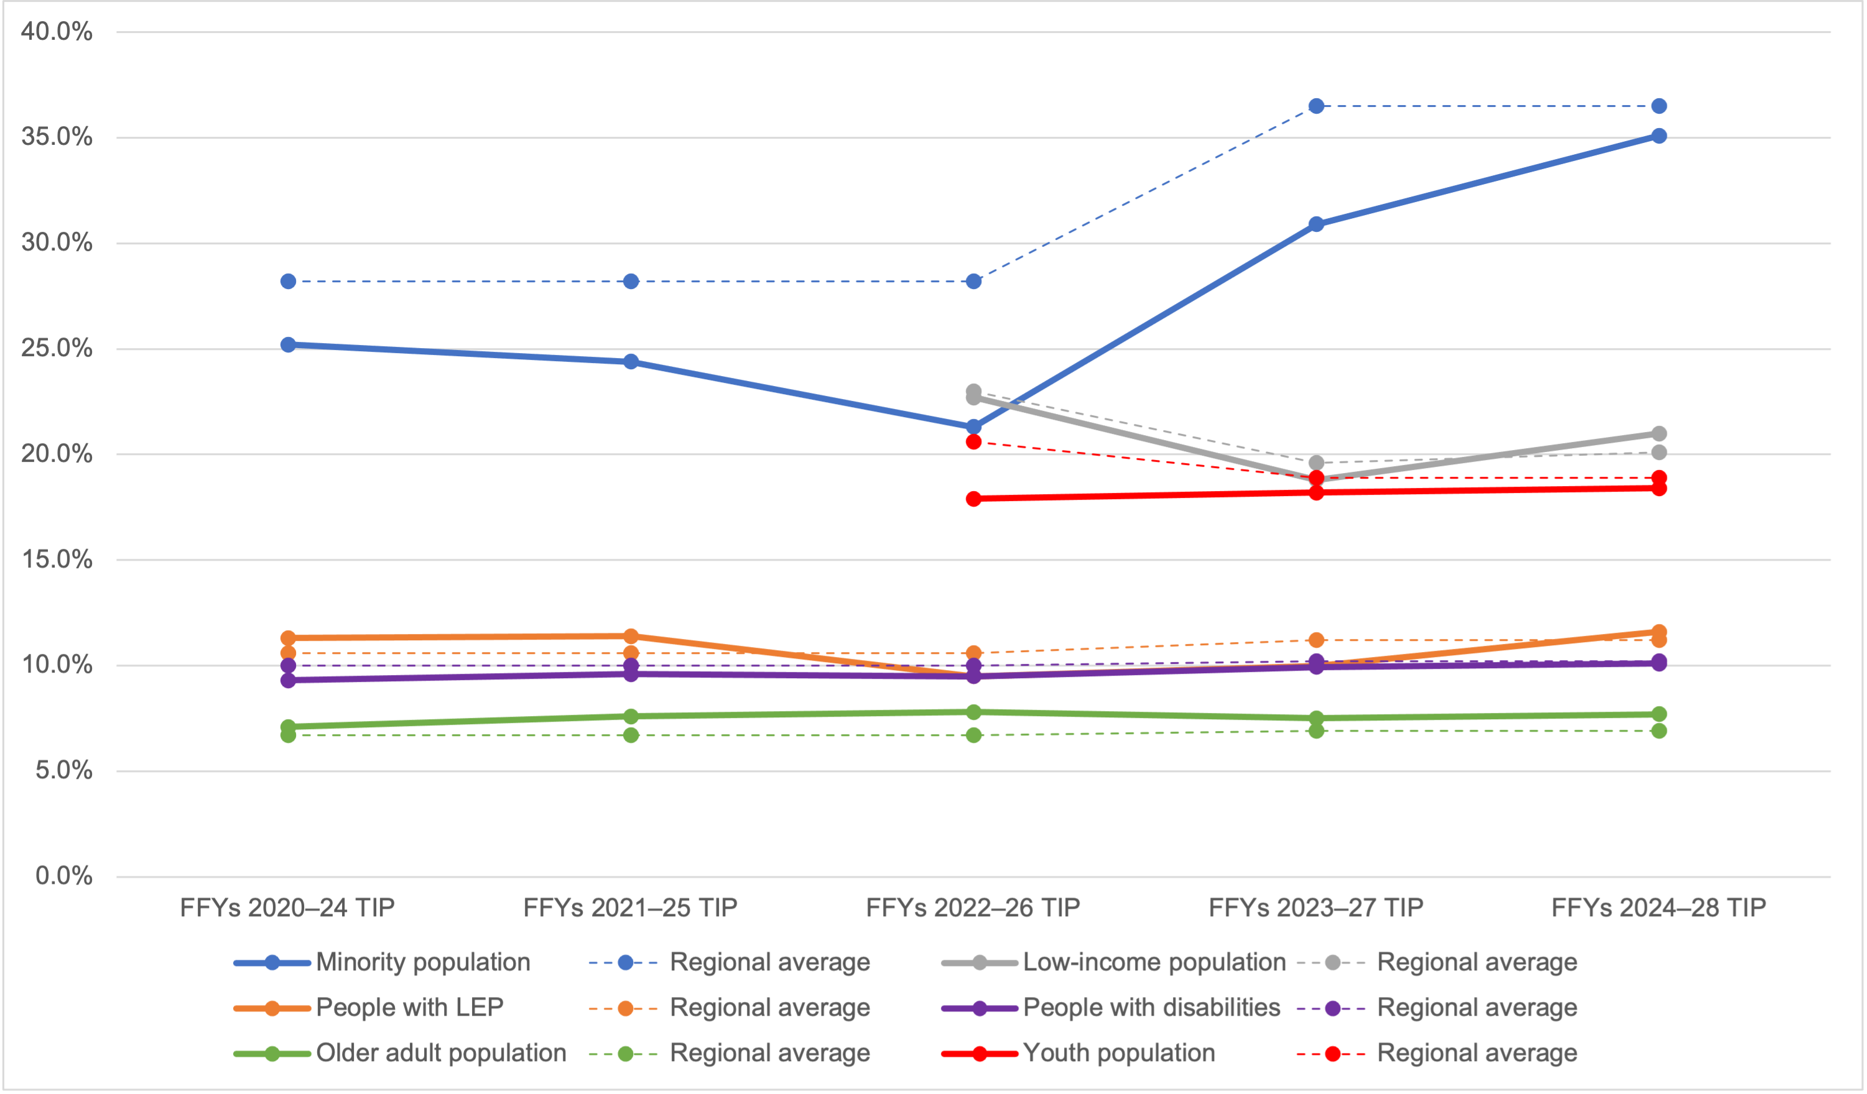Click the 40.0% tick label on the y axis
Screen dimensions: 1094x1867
[x=57, y=31]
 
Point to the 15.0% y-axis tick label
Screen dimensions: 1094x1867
[x=57, y=559]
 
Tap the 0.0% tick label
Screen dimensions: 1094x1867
[x=63, y=876]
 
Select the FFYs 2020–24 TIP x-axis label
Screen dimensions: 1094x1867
[x=287, y=908]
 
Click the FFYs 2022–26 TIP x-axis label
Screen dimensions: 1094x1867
[x=973, y=908]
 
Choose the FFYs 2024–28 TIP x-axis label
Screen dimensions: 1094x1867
[x=1659, y=908]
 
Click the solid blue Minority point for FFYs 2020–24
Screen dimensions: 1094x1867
[x=288, y=345]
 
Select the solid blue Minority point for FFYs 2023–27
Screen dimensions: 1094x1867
[x=1316, y=224]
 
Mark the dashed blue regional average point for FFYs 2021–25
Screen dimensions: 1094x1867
[x=631, y=282]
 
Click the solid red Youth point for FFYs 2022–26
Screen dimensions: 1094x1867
[x=973, y=499]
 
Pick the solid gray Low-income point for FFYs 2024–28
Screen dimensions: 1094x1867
[x=1659, y=434]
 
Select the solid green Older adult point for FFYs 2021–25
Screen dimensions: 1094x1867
[x=631, y=716]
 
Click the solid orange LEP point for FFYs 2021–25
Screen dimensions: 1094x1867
[x=631, y=637]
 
